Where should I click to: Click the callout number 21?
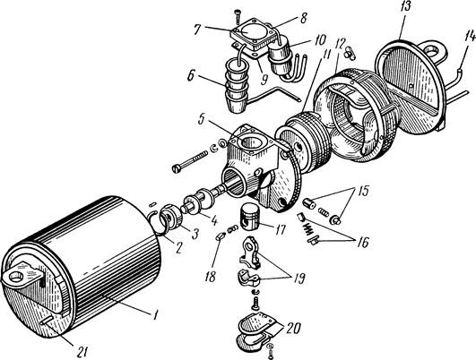click(x=81, y=352)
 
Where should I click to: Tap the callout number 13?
click(x=406, y=7)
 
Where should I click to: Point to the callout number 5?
click(x=202, y=119)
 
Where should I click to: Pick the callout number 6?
click(x=191, y=76)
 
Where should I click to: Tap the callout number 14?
click(x=465, y=37)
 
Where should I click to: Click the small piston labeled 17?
click(x=249, y=215)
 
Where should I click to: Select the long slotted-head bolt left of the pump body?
click(x=190, y=161)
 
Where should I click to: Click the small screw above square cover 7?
click(x=237, y=17)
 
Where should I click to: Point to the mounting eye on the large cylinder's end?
click(x=19, y=275)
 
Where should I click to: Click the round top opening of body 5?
click(x=251, y=143)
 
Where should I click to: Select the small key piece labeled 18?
click(x=220, y=236)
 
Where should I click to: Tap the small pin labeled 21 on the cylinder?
click(x=48, y=321)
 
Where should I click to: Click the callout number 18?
click(x=210, y=277)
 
